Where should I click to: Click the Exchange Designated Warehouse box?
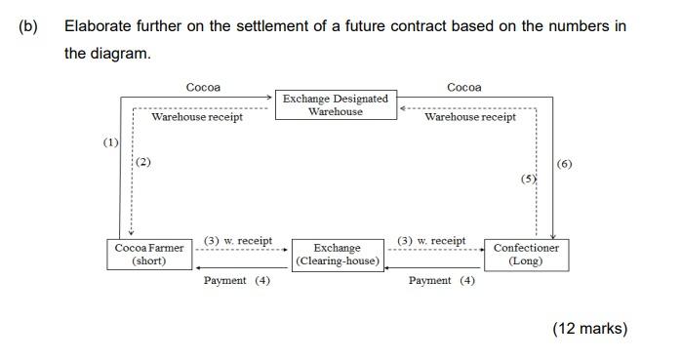pyautogui.click(x=336, y=104)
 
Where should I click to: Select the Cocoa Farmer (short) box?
pyautogui.click(x=148, y=255)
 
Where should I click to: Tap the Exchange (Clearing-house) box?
pyautogui.click(x=338, y=255)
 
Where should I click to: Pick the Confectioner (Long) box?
pyautogui.click(x=526, y=255)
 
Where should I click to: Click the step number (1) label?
pyautogui.click(x=111, y=142)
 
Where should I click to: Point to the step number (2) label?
pyautogui.click(x=143, y=162)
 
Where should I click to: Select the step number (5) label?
pyautogui.click(x=528, y=180)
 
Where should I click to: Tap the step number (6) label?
pyautogui.click(x=564, y=164)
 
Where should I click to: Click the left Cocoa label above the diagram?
pyautogui.click(x=203, y=87)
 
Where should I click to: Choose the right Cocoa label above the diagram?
pyautogui.click(x=463, y=87)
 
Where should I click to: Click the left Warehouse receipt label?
pyautogui.click(x=197, y=117)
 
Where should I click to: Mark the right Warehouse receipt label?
pyautogui.click(x=470, y=117)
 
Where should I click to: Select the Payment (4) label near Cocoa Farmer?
pyautogui.click(x=237, y=281)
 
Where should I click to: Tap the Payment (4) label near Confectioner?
pyautogui.click(x=442, y=281)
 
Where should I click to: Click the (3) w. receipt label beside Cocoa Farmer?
pyautogui.click(x=238, y=241)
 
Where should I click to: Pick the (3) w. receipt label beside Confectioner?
pyautogui.click(x=431, y=241)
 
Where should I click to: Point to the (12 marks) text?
pyautogui.click(x=589, y=329)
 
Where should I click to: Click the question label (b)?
pyautogui.click(x=27, y=26)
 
